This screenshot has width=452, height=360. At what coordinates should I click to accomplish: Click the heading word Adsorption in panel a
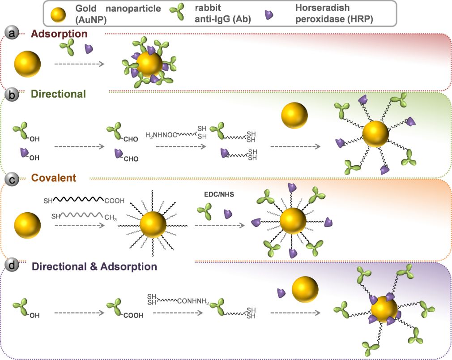[60, 34]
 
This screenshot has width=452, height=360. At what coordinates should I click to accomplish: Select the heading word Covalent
[54, 178]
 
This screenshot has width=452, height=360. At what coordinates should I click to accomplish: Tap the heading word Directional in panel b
[58, 94]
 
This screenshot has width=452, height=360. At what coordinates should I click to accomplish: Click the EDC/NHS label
[217, 195]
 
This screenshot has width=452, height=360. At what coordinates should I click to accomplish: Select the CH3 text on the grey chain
[111, 218]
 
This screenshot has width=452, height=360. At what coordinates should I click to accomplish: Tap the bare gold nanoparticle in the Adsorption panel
[27, 64]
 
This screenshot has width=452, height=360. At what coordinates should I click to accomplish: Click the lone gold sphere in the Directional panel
[294, 116]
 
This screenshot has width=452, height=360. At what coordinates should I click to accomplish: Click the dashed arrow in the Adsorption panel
[79, 64]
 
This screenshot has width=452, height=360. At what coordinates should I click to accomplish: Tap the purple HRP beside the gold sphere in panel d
[281, 293]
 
